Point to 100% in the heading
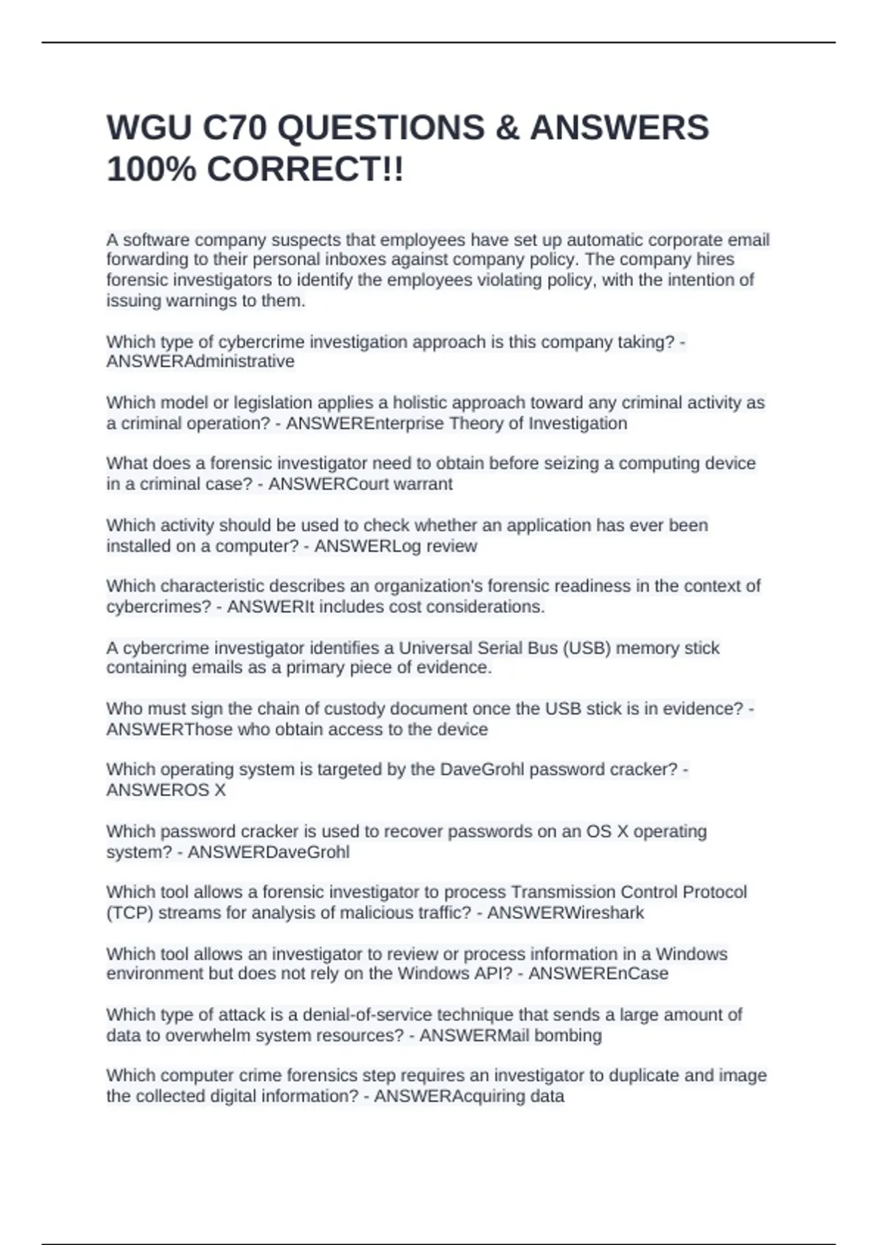pos(151,170)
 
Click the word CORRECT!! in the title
pos(305,170)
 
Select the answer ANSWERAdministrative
pos(200,362)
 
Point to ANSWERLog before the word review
pos(353,546)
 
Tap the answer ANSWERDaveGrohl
pos(269,852)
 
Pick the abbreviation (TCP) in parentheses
pos(130,913)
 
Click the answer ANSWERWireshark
pos(566,913)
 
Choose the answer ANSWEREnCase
pos(598,974)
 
